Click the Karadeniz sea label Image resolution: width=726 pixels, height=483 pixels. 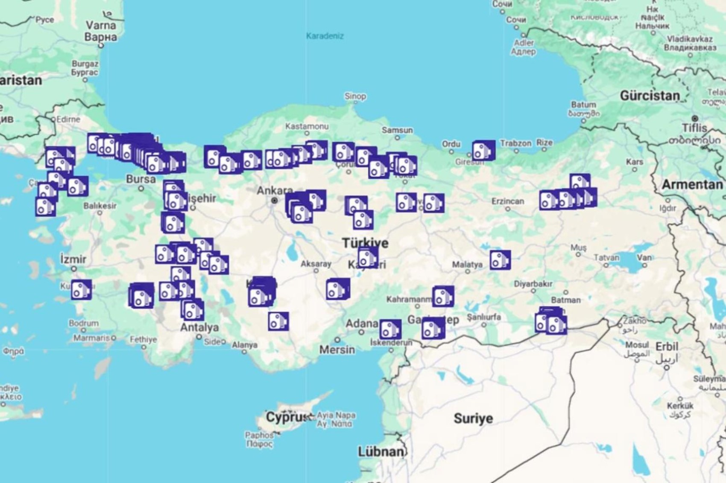coord(325,36)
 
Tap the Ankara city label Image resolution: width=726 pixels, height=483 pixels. coord(274,191)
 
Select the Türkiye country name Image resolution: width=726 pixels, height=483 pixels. coord(365,243)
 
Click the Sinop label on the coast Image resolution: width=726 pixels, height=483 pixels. coord(355,96)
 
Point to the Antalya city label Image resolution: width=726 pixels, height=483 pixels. coord(199,328)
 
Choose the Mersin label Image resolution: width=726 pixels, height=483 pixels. coord(337,350)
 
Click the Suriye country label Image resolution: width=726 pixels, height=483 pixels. coord(473,419)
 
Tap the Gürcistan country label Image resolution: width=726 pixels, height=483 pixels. coord(649,96)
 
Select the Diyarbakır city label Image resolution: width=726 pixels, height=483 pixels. coord(533,284)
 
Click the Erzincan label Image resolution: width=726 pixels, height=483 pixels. coord(507,201)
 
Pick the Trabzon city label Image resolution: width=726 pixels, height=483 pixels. coord(515,143)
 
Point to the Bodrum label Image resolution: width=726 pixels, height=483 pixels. coord(83,323)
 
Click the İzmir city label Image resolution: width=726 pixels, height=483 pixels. coord(73,259)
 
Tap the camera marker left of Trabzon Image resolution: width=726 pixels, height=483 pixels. coord(483,151)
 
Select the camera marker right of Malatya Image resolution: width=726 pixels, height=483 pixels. coord(500,260)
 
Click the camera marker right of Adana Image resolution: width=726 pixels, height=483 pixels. coord(390,329)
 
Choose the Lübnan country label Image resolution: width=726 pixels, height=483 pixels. coord(381,451)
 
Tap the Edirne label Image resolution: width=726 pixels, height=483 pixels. coord(67,119)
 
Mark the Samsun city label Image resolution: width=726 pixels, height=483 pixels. coord(397,130)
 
